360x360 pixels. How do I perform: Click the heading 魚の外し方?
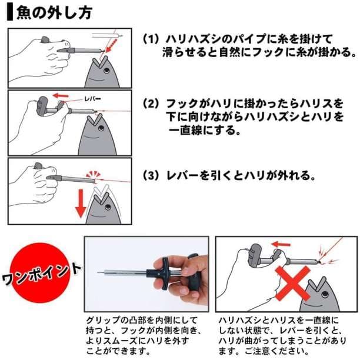point(55,12)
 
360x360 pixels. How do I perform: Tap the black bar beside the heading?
point(10,12)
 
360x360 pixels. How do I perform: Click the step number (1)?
point(151,39)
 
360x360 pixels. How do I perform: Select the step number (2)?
point(151,104)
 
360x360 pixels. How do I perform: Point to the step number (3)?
point(151,176)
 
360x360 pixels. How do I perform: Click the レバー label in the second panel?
point(93,99)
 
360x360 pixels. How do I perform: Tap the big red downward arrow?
point(81,203)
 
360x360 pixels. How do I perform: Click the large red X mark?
point(293,284)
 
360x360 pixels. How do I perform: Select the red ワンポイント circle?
point(41,273)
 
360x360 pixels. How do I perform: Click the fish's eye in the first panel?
point(106,71)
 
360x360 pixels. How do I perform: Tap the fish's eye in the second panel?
point(101,128)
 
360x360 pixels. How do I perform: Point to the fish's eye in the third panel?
point(108,207)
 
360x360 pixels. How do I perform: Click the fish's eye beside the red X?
point(325,294)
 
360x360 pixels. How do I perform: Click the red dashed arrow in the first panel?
point(112,46)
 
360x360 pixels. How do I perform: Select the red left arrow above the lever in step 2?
point(61,95)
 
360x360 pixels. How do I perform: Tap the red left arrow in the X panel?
point(281,245)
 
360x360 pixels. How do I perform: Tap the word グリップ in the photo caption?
point(103,320)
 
